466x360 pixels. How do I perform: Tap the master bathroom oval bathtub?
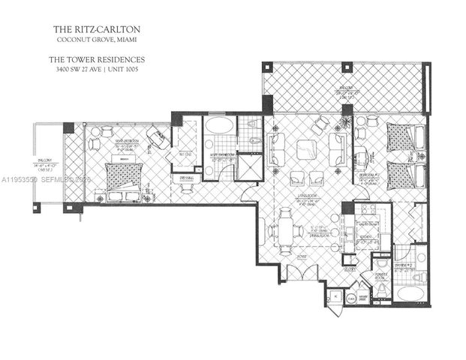[x=218, y=125]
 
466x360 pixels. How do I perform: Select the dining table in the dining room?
[x=286, y=229]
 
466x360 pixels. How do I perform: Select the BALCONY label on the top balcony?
[x=344, y=85]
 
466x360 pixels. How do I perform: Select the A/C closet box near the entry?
[x=335, y=297]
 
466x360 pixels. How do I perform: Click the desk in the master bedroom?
[x=157, y=137]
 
